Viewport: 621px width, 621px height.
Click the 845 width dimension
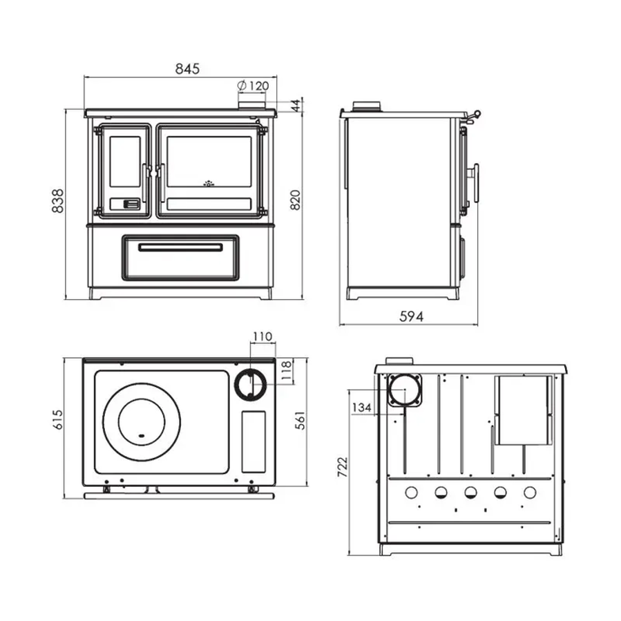pos(187,69)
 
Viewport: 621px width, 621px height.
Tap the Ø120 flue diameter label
pos(253,86)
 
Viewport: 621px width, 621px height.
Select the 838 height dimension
pos(58,201)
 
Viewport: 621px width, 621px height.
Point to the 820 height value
pos(296,200)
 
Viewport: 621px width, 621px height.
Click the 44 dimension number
pos(296,106)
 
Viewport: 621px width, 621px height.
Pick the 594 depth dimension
pos(411,316)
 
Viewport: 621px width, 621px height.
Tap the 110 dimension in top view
pos(262,336)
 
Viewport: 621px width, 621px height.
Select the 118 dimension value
pos(286,371)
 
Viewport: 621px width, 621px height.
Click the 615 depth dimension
pos(57,420)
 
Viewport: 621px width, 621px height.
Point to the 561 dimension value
pos(300,420)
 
